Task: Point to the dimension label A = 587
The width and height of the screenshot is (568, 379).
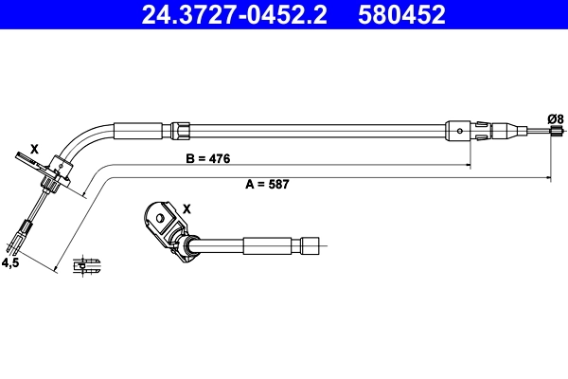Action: pos(267,185)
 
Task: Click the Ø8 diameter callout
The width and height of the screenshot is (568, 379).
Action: pos(556,118)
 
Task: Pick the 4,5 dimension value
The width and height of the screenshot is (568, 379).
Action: pos(10,262)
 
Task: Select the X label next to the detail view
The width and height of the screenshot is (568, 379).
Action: pos(186,208)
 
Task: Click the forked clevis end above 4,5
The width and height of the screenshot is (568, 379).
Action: pos(24,230)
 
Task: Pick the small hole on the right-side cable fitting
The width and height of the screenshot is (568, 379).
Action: pos(460,131)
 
